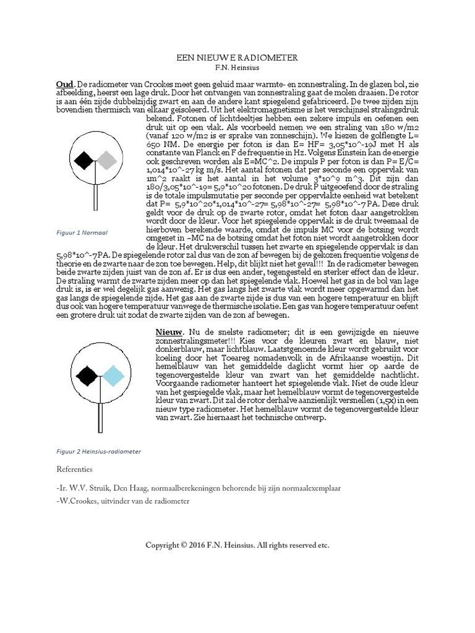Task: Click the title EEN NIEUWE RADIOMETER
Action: pyautogui.click(x=237, y=57)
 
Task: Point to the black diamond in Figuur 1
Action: pyautogui.click(x=82, y=161)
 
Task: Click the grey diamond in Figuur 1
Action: pyautogui.click(x=108, y=161)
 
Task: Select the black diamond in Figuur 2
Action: pyautogui.click(x=87, y=374)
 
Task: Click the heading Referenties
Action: pyautogui.click(x=74, y=469)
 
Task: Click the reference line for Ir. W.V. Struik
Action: pyautogui.click(x=198, y=488)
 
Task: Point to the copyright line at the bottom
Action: pyautogui.click(x=237, y=545)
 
